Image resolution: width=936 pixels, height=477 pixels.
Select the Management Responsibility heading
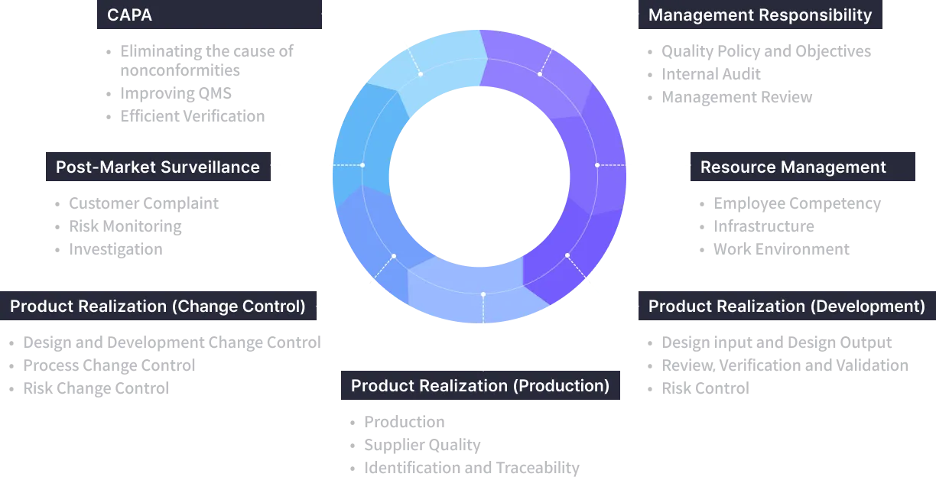759,15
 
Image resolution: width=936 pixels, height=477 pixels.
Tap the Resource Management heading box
793,167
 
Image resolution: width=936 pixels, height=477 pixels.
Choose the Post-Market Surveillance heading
158,167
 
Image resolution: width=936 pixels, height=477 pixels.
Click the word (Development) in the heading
868,307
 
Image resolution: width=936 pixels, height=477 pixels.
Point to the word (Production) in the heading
564,386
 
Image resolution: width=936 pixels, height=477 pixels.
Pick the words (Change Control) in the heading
239,307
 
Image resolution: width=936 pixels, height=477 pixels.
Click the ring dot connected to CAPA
421,74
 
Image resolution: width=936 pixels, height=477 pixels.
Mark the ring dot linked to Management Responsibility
540,74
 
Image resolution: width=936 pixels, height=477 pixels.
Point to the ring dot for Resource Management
597,165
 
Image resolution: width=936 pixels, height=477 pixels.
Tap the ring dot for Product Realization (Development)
567,255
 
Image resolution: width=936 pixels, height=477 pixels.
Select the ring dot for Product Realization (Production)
483,294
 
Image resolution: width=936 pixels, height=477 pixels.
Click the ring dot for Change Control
394,255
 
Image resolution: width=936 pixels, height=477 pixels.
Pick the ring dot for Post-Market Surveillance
362,165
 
